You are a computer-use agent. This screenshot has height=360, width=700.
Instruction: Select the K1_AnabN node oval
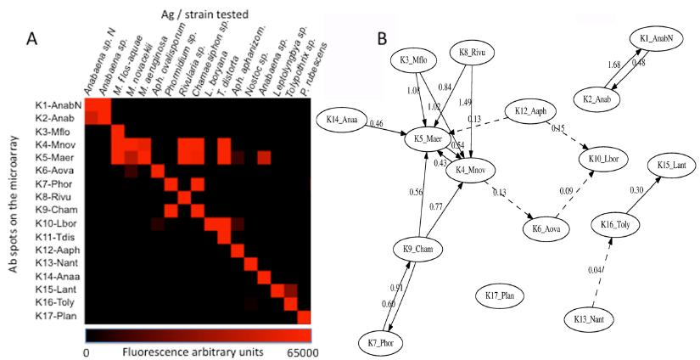point(656,39)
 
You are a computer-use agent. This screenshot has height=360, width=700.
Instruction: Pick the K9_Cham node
point(418,249)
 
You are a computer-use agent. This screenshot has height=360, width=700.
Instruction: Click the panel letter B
point(384,37)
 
